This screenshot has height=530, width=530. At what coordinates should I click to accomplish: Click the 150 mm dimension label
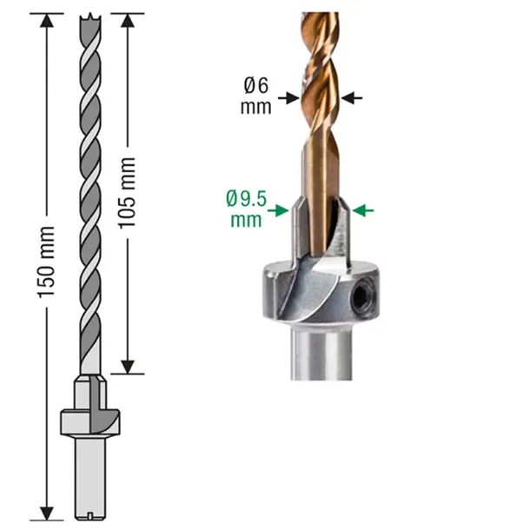click(x=47, y=262)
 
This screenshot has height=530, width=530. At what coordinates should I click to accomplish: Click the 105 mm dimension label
click(x=128, y=193)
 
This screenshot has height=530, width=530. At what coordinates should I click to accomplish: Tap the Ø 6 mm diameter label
click(x=255, y=96)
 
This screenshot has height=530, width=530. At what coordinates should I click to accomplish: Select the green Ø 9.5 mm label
click(x=247, y=209)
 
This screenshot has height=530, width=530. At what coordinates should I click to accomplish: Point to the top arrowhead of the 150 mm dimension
click(x=47, y=21)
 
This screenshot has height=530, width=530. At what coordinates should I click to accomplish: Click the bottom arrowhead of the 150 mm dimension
click(x=47, y=513)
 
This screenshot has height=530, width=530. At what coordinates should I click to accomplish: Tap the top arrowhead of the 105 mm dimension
click(x=128, y=21)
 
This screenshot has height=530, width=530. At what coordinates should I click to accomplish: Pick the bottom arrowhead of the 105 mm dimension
click(x=128, y=367)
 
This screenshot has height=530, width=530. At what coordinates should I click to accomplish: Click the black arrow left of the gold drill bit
click(x=289, y=98)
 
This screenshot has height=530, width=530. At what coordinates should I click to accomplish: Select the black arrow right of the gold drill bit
click(x=352, y=98)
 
